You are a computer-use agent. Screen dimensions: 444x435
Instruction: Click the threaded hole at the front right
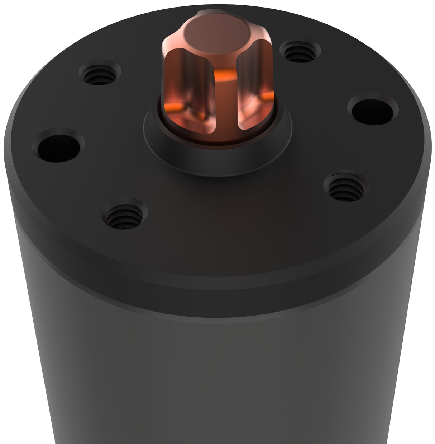[x=344, y=187]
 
